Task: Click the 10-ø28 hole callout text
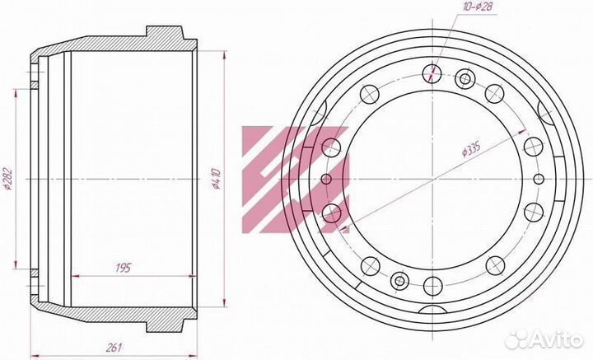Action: click(479, 7)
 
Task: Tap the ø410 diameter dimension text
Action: click(217, 179)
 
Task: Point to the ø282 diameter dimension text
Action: click(7, 179)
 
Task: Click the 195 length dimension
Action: click(123, 268)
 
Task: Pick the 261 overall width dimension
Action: click(114, 347)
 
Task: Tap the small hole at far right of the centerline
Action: click(539, 179)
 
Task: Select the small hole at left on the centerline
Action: click(326, 179)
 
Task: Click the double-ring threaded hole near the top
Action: click(465, 79)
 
